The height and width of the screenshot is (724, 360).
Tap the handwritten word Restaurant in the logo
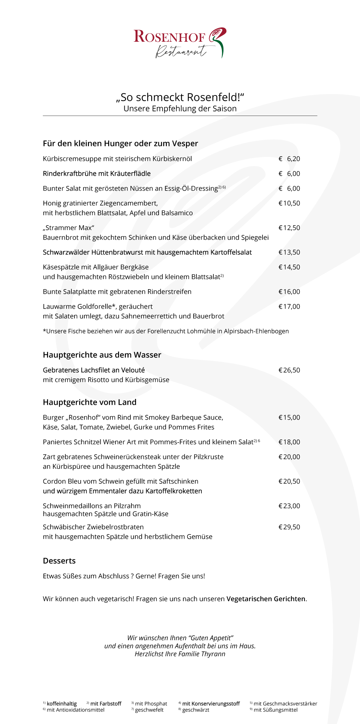181,51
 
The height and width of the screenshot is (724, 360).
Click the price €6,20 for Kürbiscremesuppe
289,159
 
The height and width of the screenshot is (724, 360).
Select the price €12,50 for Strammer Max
289,228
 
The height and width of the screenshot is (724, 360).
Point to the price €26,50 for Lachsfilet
289,370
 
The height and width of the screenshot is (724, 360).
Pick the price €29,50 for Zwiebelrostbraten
289,527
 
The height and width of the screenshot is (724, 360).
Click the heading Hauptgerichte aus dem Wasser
102,355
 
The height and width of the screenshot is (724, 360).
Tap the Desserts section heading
59,561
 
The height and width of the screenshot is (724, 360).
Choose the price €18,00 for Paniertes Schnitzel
289,442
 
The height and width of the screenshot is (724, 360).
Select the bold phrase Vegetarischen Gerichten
266,599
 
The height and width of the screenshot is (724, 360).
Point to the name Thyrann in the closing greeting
213,654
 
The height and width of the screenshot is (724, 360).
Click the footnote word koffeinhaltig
61,703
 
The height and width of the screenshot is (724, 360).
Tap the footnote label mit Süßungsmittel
276,710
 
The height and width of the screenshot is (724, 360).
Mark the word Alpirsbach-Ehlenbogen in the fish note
256,331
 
